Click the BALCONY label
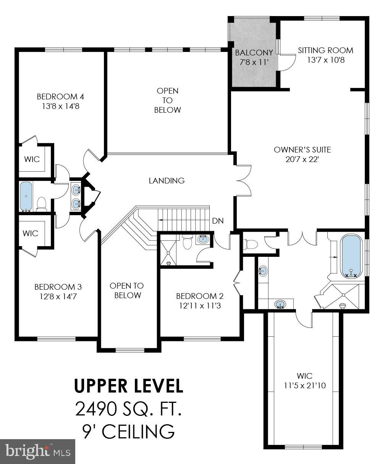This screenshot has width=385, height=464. pyautogui.click(x=254, y=53)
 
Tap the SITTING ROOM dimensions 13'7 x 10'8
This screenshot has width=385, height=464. pyautogui.click(x=325, y=60)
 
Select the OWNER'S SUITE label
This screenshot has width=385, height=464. pyautogui.click(x=302, y=149)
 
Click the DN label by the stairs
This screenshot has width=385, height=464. pyautogui.click(x=218, y=221)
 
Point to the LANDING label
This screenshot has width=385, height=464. pyautogui.click(x=167, y=180)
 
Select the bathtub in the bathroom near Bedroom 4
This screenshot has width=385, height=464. pyautogui.click(x=26, y=196)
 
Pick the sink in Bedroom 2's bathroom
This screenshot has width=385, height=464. pyautogui.click(x=203, y=240)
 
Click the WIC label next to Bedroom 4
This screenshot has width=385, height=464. pyautogui.click(x=32, y=159)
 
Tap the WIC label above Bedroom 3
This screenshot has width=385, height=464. pyautogui.click(x=30, y=233)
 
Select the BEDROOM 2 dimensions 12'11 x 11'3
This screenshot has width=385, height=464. pyautogui.click(x=200, y=306)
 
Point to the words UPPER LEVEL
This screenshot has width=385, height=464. pyautogui.click(x=128, y=386)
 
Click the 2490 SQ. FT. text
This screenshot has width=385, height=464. pyautogui.click(x=128, y=409)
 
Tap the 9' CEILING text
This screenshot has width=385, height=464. pyautogui.click(x=128, y=432)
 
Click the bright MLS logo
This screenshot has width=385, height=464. pyautogui.click(x=37, y=451)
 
